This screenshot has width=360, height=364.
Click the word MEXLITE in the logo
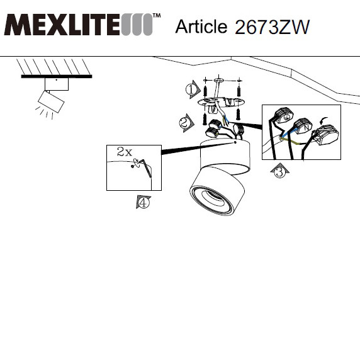coord(62,25)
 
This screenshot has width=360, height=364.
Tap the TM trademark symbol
coord(157,16)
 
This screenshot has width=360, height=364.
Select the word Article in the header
coord(201,26)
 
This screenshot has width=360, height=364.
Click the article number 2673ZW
coord(272,27)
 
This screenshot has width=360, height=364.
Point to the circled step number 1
coord(191,89)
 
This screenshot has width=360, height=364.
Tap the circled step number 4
coord(143,202)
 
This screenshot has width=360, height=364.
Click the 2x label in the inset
coord(125,152)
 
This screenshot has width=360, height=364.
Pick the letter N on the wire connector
coord(307,127)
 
